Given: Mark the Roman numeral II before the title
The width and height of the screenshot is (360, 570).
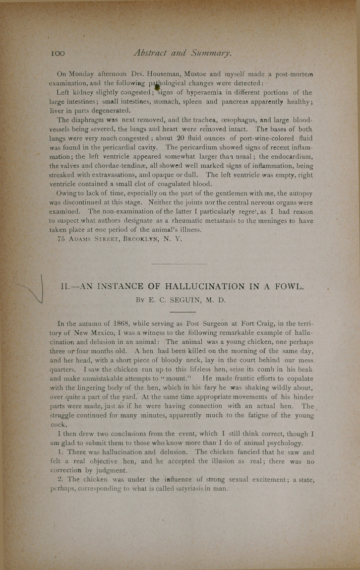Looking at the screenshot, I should click(x=65, y=286).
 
